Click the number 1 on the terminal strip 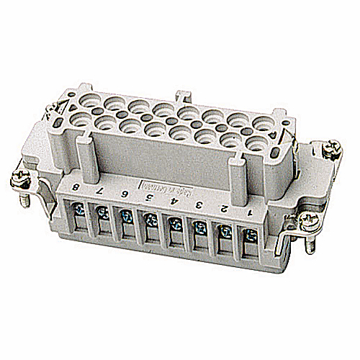[250, 212]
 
